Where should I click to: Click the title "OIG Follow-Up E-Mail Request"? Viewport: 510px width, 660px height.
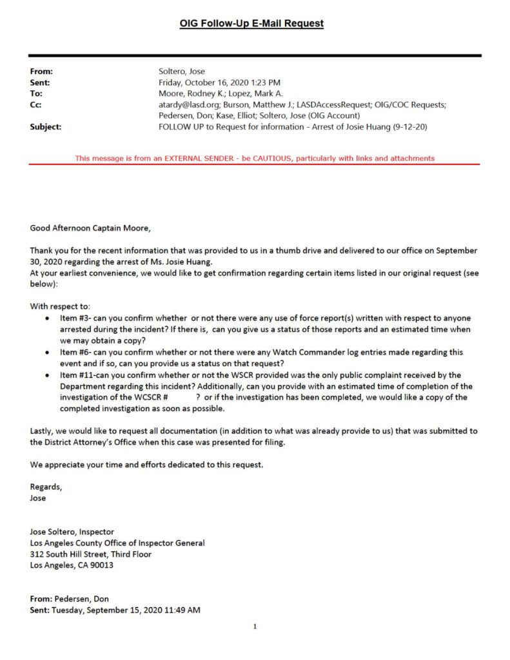point(251,24)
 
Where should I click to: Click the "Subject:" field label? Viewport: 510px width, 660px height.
point(46,127)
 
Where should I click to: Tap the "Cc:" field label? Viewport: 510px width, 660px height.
point(36,104)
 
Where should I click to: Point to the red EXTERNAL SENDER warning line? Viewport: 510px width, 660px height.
point(255,158)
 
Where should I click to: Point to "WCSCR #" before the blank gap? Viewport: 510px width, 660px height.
point(150,398)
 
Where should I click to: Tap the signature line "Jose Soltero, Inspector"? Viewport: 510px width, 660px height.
point(72,532)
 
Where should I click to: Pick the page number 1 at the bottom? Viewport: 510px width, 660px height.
point(255,626)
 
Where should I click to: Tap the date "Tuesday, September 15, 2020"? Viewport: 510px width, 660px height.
point(104,610)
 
